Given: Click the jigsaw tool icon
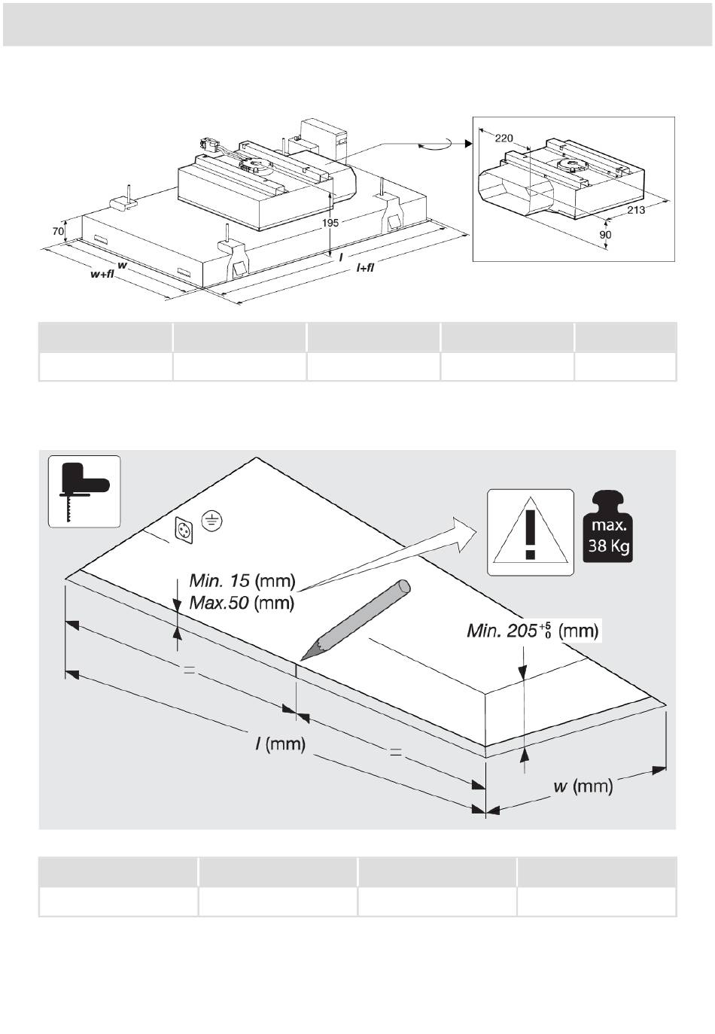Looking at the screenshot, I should [84, 491].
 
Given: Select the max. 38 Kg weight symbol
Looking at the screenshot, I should [609, 527].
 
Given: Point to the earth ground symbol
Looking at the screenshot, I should [213, 519].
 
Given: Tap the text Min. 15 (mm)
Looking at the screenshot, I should [242, 580].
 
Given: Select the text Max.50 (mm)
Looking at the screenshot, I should [242, 603].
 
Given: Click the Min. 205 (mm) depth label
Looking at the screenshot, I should [532, 630].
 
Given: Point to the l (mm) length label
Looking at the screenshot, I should [280, 744].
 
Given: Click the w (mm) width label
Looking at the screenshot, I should [583, 786].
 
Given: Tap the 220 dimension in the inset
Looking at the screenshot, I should [504, 138].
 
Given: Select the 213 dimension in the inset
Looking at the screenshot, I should [636, 210].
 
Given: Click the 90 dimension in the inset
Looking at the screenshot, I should [606, 235].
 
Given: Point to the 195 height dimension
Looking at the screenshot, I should [330, 223].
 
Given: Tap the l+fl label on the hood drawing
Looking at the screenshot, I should [365, 268].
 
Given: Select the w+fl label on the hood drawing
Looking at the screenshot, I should [102, 275].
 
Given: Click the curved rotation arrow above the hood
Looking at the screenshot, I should [439, 144].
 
